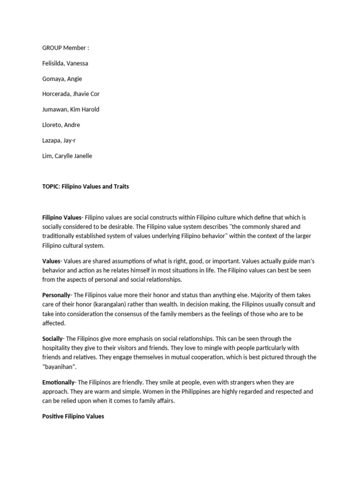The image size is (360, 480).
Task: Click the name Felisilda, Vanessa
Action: (x=65, y=63)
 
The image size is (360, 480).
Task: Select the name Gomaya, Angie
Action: (x=62, y=79)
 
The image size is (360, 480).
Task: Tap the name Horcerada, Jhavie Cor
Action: (x=71, y=94)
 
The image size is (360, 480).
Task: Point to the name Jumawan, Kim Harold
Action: (x=71, y=110)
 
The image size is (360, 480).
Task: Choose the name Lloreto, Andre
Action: (x=61, y=125)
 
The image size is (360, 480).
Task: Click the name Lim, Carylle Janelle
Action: (x=67, y=156)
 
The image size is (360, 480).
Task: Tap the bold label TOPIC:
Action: (x=51, y=187)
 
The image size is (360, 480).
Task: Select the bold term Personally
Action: (x=56, y=295)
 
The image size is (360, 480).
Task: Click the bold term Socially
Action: (x=52, y=339)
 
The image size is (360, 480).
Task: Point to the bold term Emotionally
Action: (x=58, y=382)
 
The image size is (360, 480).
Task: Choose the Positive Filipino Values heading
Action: (x=73, y=416)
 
